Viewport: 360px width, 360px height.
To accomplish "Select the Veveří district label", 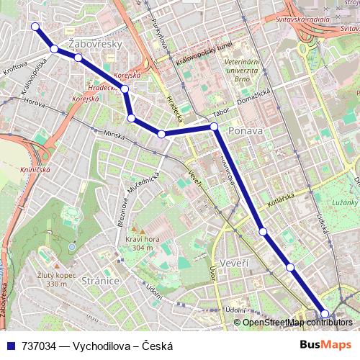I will tap(235, 263).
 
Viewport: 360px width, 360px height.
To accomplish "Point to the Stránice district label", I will tap(100, 280).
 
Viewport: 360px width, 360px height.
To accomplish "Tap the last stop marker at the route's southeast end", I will tap(325, 313).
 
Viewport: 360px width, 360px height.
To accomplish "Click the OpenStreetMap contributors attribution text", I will tap(297, 323).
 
